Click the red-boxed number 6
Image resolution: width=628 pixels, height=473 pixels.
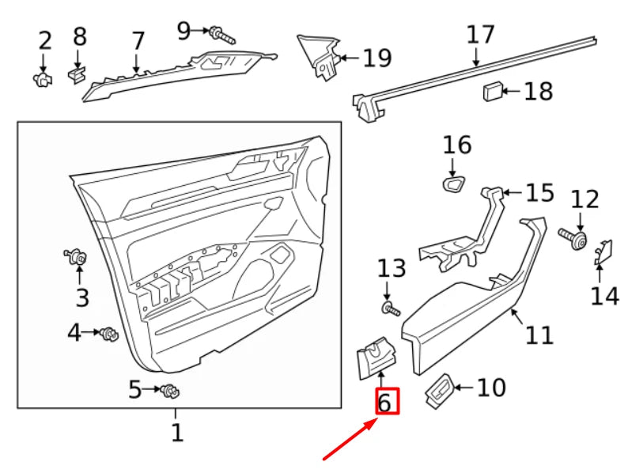click(x=385, y=402)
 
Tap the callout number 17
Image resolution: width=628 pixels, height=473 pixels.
click(x=480, y=35)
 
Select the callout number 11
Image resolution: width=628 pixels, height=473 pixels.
click(x=539, y=335)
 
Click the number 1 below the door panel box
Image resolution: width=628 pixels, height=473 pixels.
click(x=176, y=433)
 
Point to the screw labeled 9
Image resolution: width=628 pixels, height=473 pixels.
click(x=221, y=35)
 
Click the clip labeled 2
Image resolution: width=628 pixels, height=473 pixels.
click(x=44, y=78)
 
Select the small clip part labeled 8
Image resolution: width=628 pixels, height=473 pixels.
click(x=77, y=74)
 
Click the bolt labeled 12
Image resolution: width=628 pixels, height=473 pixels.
click(x=575, y=238)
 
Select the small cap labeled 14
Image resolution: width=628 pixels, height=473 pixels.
click(x=603, y=250)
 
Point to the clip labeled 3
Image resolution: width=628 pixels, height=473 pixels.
click(x=78, y=256)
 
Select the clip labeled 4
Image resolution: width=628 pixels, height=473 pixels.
click(x=108, y=335)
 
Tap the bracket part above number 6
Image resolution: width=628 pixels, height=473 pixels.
click(x=376, y=357)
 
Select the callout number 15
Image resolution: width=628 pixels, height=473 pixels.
click(x=540, y=193)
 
